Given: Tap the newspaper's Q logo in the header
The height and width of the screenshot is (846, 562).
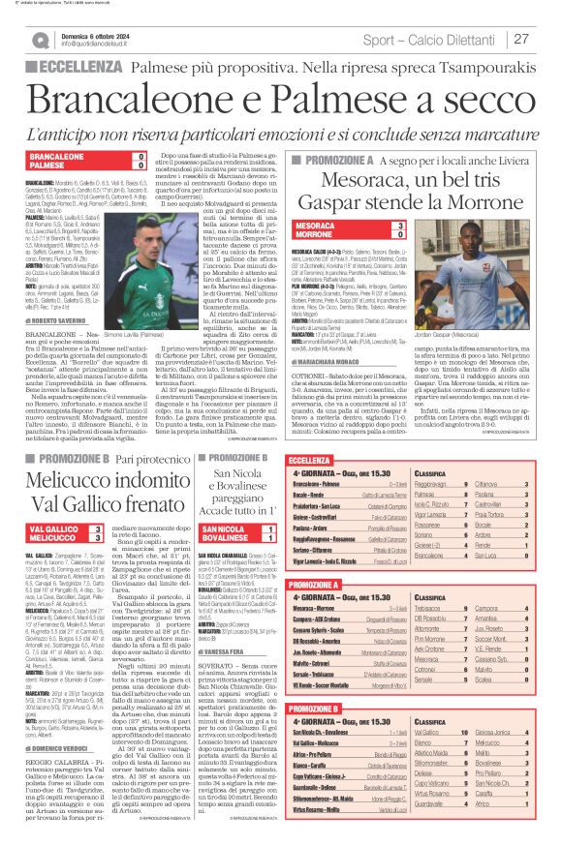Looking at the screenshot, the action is pyautogui.click(x=39, y=40).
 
